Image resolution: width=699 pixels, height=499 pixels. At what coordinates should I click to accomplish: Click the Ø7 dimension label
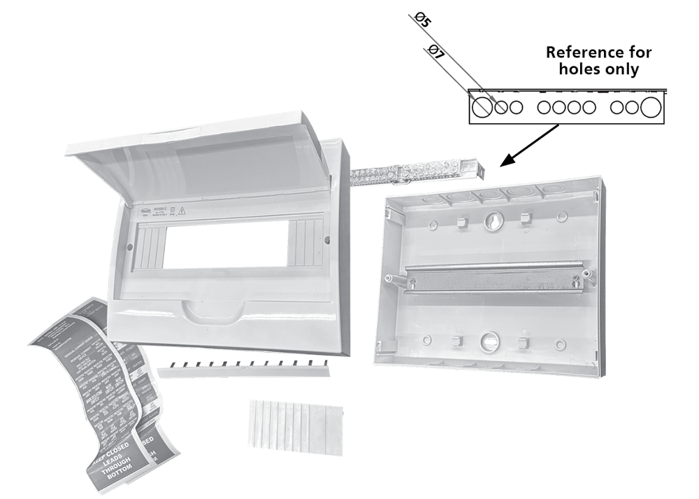pos(437,52)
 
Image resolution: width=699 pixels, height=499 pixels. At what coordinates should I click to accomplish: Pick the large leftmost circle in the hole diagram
pos(481,107)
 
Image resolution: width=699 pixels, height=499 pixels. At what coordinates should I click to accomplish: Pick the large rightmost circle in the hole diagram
pos(650,107)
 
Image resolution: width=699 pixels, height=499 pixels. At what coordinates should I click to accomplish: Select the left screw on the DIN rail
pos(411,283)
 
